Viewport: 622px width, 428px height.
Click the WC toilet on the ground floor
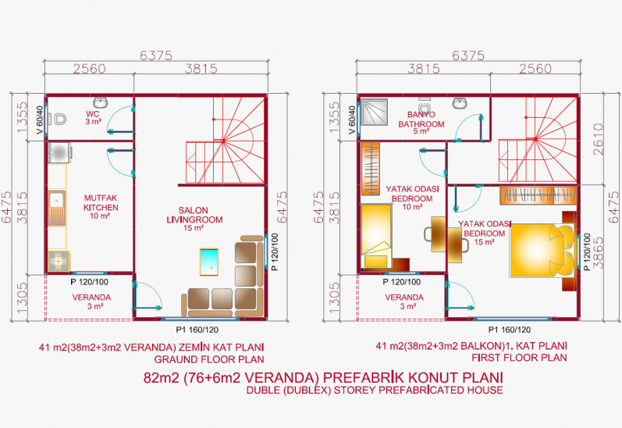click(57, 119)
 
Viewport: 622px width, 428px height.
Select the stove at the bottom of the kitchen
click(59, 261)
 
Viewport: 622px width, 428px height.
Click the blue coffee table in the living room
click(209, 262)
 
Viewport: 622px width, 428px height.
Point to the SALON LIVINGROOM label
click(194, 215)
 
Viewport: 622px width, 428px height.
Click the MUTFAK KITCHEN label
click(101, 202)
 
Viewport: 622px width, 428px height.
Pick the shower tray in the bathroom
click(373, 112)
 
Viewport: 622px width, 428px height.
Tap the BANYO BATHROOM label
click(421, 119)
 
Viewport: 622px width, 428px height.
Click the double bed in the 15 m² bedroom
click(542, 250)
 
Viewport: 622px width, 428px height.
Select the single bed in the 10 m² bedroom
click(376, 236)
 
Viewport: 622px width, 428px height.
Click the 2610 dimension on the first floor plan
click(599, 139)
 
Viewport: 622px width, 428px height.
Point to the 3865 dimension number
click(598, 253)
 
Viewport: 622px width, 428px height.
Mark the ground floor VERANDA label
click(91, 298)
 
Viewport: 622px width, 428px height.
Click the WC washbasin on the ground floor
click(101, 102)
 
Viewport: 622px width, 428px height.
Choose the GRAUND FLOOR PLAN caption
click(209, 360)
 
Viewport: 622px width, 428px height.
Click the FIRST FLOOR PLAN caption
click(519, 358)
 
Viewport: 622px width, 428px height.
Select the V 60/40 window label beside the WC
click(40, 120)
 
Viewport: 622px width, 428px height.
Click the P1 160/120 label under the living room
click(197, 330)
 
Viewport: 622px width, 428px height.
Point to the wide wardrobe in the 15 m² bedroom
click(538, 195)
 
